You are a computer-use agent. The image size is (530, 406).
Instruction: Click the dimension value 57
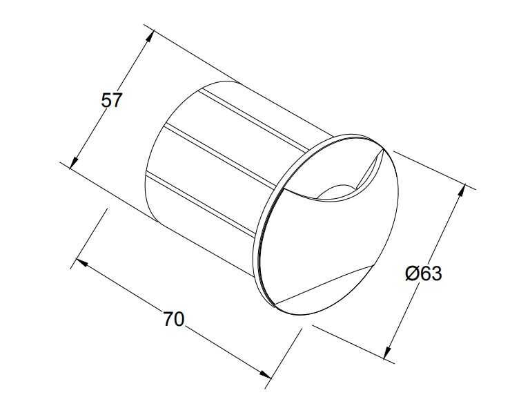click(x=112, y=100)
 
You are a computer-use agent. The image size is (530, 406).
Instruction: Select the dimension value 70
click(x=173, y=319)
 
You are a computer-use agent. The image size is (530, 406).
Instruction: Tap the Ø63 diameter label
click(x=422, y=273)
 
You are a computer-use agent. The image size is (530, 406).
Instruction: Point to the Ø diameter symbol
click(x=411, y=274)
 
